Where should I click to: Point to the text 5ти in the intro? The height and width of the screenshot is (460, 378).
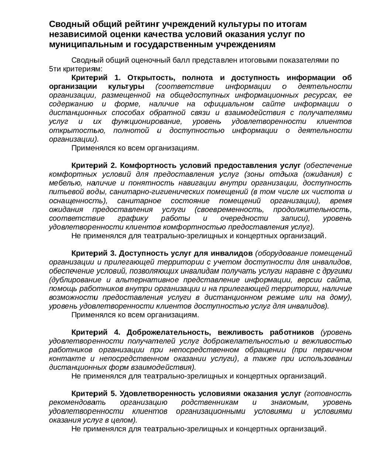(55, 69)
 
